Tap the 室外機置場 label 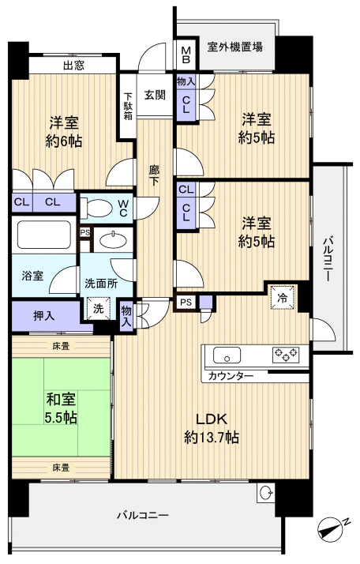pyautogui.click(x=235, y=47)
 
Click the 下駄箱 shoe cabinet pyautogui.click(x=128, y=106)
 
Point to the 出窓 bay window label pyautogui.click(x=75, y=66)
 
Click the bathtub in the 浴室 pyautogui.click(x=44, y=237)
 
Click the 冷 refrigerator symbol pyautogui.click(x=282, y=296)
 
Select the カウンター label pyautogui.click(x=231, y=376)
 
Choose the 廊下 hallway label pyautogui.click(x=156, y=173)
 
